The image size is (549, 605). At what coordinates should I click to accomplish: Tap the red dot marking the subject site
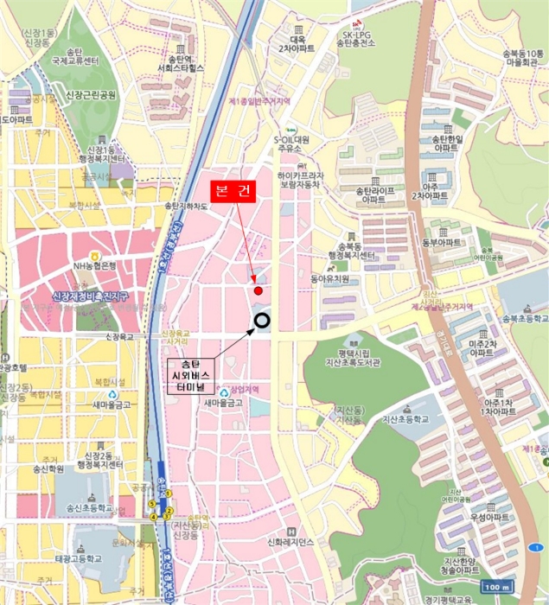[x=258, y=290]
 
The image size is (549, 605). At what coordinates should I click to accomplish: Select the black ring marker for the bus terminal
[x=262, y=322]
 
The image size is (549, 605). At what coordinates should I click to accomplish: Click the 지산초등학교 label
[x=406, y=419]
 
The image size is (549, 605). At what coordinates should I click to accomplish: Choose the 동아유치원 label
[x=329, y=279]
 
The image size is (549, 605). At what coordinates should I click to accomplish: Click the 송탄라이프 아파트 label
[x=374, y=194]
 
